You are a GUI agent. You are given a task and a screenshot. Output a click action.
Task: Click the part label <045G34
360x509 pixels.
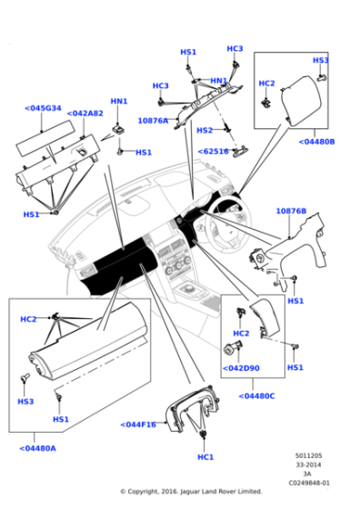[x=43, y=108]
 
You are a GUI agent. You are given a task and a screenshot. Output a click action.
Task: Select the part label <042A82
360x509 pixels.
[x=85, y=114]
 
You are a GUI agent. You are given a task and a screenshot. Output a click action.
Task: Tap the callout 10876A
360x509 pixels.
[x=153, y=120]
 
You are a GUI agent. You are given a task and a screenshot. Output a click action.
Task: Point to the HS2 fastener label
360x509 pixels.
[x=205, y=130]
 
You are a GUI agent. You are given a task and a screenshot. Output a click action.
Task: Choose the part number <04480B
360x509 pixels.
[x=316, y=142]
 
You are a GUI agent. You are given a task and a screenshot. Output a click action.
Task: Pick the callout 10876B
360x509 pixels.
[x=291, y=211]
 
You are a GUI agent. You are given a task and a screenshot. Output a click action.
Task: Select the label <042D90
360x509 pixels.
[x=241, y=368]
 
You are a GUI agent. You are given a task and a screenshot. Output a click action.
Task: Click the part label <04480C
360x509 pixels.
[x=257, y=395]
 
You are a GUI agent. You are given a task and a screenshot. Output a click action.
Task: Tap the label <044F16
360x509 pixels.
[x=138, y=424]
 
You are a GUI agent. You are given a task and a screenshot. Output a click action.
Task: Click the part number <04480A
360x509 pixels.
[x=37, y=447]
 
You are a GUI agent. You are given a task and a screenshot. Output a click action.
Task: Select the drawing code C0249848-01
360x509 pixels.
[x=308, y=483]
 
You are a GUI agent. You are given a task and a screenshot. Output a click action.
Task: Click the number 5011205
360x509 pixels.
[x=308, y=455]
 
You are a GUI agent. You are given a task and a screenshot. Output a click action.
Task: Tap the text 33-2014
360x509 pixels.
[x=308, y=464]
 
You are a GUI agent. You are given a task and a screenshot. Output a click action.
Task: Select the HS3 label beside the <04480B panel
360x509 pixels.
[x=320, y=60]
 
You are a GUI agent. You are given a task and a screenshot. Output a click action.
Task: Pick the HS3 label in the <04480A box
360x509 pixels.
[x=25, y=401]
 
